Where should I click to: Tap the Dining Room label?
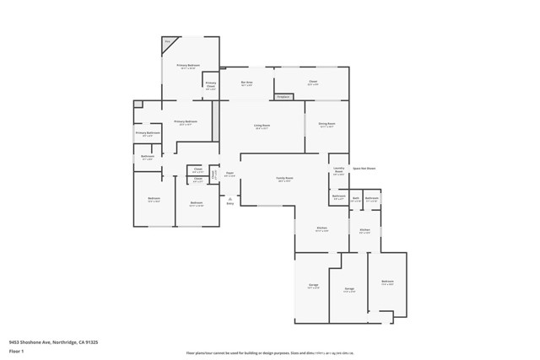point(326,125)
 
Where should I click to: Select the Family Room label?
point(284,179)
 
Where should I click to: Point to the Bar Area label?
point(247,83)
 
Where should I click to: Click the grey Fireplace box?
point(285,97)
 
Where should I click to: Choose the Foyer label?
point(229,175)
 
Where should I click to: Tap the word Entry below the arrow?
point(229,203)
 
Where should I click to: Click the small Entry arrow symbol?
point(229,197)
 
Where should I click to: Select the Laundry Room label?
point(338,169)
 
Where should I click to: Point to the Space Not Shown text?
point(364,168)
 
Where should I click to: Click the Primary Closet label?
point(211,85)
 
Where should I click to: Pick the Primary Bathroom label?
point(148,133)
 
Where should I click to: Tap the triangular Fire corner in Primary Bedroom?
point(169,42)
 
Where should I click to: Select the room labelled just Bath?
point(356,199)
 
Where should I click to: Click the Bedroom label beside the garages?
point(387,282)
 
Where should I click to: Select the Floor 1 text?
point(15,352)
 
